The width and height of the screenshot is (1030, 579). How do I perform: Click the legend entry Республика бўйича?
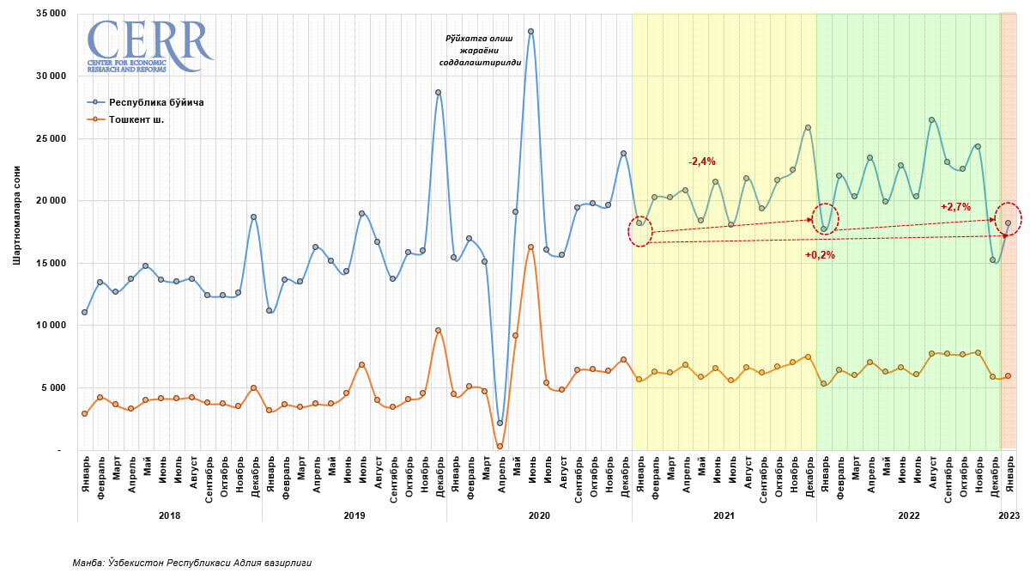[155, 102]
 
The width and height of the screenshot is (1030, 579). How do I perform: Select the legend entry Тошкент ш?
[136, 119]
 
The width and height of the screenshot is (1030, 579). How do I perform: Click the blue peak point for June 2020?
[530, 31]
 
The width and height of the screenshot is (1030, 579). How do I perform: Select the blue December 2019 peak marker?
[438, 92]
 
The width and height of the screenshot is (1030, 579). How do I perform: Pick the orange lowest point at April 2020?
[500, 447]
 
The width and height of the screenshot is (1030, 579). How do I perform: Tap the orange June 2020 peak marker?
[530, 247]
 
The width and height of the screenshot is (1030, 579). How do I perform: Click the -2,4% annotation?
[701, 162]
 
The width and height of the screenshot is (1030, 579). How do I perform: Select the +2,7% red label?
[955, 207]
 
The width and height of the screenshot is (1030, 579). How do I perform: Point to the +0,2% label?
[820, 255]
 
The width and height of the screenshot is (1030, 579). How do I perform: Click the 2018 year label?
[169, 515]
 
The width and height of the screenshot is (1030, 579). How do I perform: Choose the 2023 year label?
[1009, 515]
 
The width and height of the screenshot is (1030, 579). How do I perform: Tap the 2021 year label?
[724, 515]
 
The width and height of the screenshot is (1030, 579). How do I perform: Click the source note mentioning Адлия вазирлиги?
[192, 563]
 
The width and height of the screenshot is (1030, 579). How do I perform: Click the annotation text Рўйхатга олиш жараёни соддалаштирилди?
[480, 51]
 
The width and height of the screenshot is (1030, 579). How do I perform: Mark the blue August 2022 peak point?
[931, 119]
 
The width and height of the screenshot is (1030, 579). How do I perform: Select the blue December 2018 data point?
[253, 217]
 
